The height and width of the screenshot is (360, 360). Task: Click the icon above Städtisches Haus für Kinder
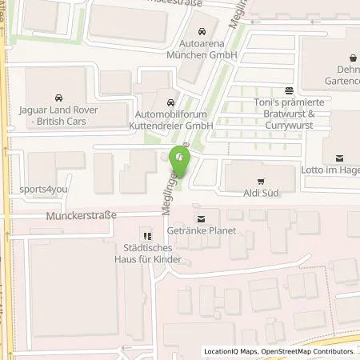pyautogui.click(x=146, y=235)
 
